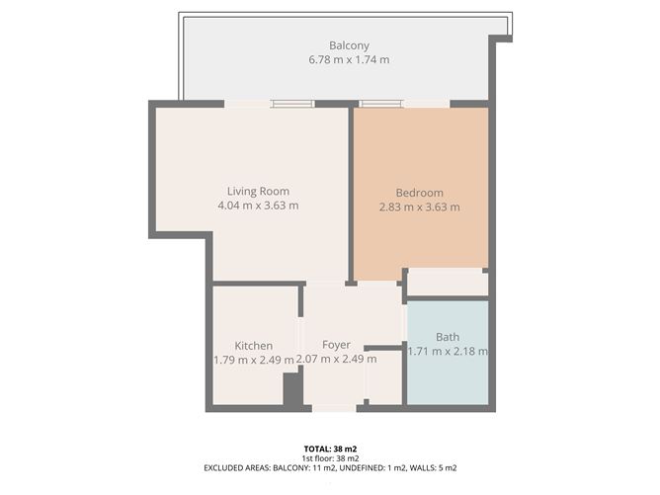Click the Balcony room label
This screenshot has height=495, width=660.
point(349,45)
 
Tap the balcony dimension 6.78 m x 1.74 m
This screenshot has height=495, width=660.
point(349,60)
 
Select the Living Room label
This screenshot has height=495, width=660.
point(258,191)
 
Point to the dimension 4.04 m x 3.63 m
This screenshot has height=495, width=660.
point(258,206)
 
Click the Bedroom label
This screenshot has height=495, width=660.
point(420,193)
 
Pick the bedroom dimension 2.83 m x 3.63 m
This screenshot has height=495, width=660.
point(420,207)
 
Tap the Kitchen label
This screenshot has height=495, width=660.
point(254,345)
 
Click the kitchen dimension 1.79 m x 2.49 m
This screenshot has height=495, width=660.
point(254,360)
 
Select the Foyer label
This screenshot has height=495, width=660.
point(337,344)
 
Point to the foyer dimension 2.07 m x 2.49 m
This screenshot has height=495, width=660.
point(337,359)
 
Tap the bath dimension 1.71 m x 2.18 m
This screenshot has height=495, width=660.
point(448,351)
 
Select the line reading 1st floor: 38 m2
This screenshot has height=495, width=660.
point(329,458)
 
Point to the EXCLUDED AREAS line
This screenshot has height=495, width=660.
point(329,468)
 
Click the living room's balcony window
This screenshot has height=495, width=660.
point(292,103)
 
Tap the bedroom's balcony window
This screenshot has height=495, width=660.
point(381,103)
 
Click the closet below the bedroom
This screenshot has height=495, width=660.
point(448,282)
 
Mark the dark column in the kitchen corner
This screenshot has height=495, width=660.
point(292,388)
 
